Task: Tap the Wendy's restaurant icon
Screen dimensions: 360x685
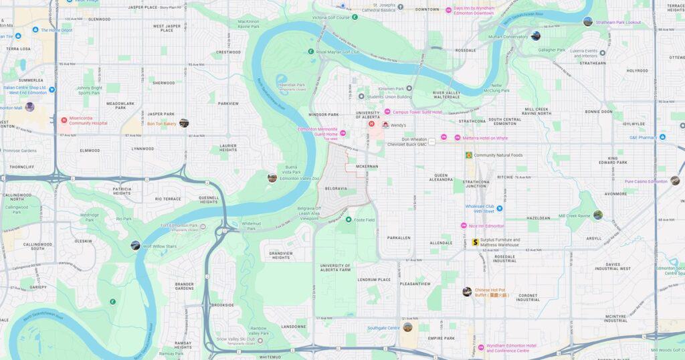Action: coord(385,125)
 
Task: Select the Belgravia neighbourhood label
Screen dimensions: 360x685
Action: coord(336,189)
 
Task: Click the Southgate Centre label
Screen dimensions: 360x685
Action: coord(383,328)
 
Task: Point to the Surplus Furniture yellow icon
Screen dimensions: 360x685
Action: coord(475,242)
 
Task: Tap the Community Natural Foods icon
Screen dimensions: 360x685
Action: coord(468,155)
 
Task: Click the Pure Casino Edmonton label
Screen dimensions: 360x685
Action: coord(646,181)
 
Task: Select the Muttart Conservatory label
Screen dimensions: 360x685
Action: coord(508,37)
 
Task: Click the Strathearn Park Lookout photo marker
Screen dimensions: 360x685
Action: coord(587,21)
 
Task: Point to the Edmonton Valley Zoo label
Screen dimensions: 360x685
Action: coord(300,179)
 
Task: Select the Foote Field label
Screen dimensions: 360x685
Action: coord(365,219)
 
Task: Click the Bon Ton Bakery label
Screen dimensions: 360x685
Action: coord(161,124)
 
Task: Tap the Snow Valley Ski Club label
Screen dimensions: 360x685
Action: coord(235,339)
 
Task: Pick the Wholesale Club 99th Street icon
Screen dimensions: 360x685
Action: coord(499,208)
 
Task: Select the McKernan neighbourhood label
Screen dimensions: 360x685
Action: coord(367,166)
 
